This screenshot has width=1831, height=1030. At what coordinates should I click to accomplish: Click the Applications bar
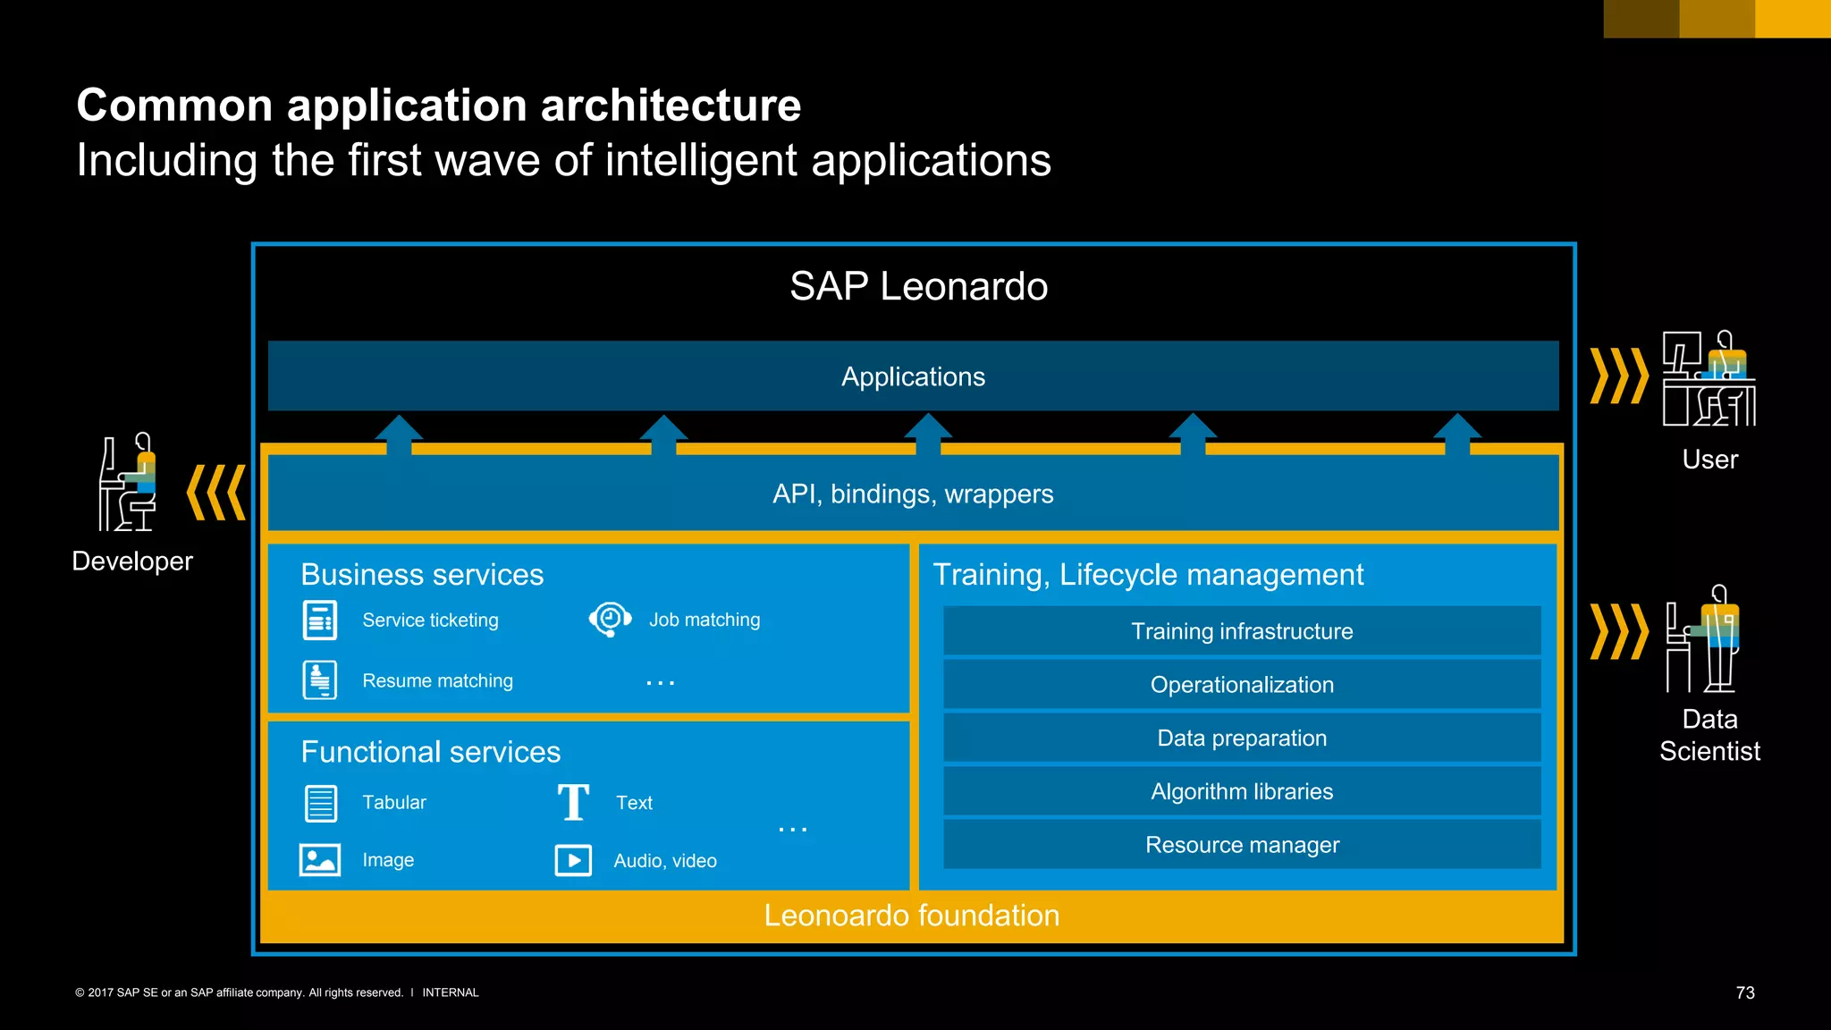(913, 376)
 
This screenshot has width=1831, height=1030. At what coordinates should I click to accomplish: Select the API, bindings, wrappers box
(913, 494)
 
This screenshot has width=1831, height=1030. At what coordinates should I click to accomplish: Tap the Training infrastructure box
(1242, 631)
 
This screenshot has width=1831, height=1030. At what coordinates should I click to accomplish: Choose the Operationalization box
(1242, 685)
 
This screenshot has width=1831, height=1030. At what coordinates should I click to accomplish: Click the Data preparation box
(1242, 739)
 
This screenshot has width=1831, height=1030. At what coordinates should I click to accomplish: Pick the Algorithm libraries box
(1242, 791)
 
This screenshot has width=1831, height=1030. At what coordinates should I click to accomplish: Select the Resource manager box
(1242, 845)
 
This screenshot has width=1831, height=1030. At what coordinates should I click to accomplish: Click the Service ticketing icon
(320, 621)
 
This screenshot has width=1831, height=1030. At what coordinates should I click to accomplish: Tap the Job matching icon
(610, 619)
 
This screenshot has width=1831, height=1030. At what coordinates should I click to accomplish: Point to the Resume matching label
(437, 681)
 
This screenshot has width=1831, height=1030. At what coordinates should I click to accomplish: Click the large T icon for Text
(573, 802)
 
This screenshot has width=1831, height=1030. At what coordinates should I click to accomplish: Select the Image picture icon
(319, 860)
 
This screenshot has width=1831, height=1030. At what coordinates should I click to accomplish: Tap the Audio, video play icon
(573, 860)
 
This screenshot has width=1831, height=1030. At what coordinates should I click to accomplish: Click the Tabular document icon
(320, 803)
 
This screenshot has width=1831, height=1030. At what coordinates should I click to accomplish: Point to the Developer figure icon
(128, 483)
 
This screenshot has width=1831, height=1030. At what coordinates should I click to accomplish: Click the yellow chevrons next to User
(1618, 376)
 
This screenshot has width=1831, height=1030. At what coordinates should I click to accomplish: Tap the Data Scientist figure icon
(1703, 638)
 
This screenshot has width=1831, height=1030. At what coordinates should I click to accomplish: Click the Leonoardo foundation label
(911, 916)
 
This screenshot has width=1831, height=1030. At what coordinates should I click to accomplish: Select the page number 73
(1745, 992)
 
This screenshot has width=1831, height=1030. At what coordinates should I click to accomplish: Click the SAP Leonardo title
(918, 286)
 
